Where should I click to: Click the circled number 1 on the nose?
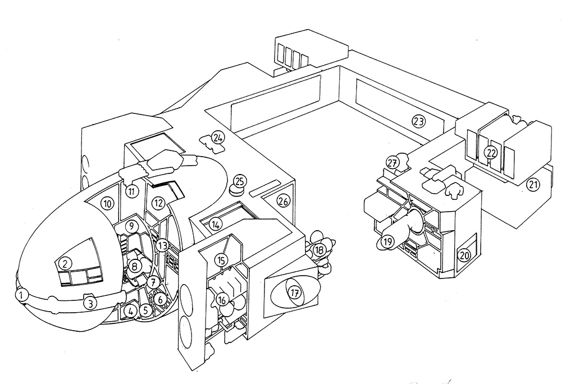(x=22, y=294)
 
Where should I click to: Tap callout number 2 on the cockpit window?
(x=65, y=263)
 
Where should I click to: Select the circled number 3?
(x=89, y=303)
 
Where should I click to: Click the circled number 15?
(x=222, y=260)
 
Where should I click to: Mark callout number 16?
(x=222, y=300)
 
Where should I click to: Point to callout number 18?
(x=319, y=250)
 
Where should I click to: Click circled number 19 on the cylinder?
(x=387, y=242)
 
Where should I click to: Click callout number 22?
(x=492, y=152)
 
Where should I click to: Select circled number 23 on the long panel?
(x=418, y=121)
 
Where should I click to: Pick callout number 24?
(x=218, y=136)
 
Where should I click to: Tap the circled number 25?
(x=240, y=181)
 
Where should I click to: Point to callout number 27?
(x=393, y=163)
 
